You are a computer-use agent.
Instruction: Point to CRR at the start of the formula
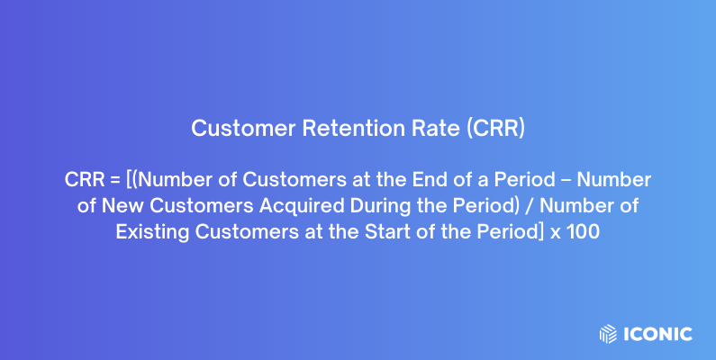pyautogui.click(x=84, y=180)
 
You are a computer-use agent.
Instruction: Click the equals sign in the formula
pyautogui.click(x=114, y=180)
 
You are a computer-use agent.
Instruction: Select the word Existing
pyautogui.click(x=149, y=232)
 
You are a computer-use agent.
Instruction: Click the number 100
pyautogui.click(x=585, y=232)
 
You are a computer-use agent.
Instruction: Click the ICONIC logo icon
pyautogui.click(x=608, y=334)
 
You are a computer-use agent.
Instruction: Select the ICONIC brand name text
pyautogui.click(x=657, y=334)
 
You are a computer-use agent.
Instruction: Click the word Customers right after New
pyautogui.click(x=184, y=206)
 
